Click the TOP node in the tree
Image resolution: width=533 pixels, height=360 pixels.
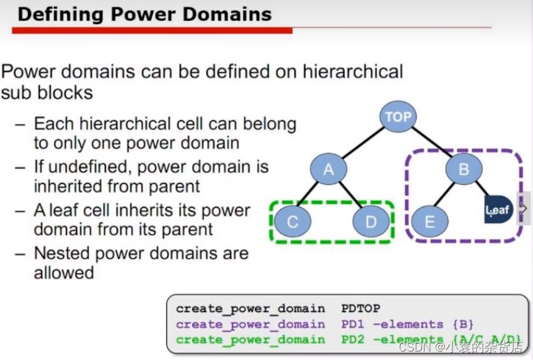click(398, 117)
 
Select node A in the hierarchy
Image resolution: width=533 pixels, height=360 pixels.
click(328, 170)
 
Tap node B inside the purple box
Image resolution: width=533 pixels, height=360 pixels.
click(464, 170)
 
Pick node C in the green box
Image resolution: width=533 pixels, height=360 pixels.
click(292, 222)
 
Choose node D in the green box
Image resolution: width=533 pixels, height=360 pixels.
click(371, 222)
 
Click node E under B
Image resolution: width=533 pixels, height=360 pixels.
click(429, 222)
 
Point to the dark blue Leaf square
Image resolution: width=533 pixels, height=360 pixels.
click(499, 210)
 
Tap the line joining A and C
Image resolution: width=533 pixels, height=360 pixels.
click(310, 196)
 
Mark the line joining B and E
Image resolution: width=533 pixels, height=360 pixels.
click(447, 196)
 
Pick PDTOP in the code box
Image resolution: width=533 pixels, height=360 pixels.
click(360, 309)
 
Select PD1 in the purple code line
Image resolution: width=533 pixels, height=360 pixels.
click(353, 324)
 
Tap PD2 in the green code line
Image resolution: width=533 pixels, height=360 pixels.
click(353, 339)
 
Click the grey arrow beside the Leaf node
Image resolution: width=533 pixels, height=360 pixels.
click(524, 209)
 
